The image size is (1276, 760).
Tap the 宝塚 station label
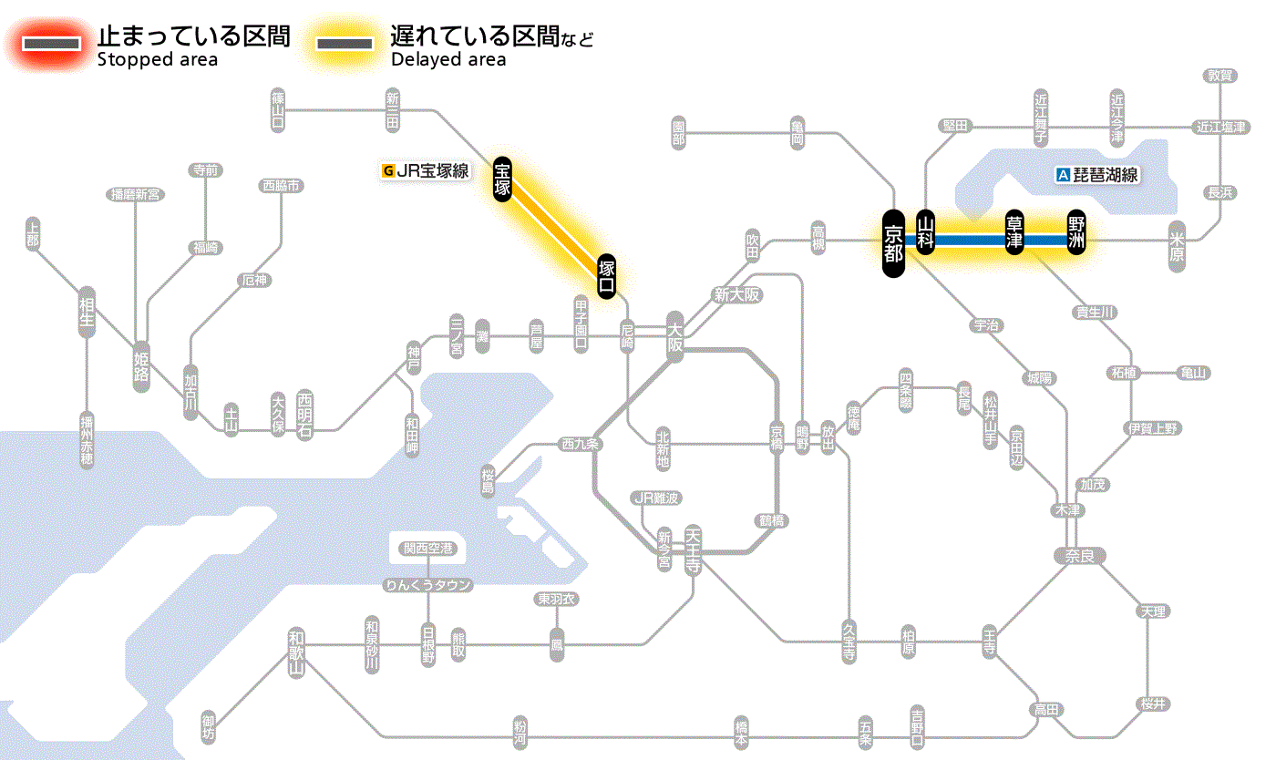tap(502, 179)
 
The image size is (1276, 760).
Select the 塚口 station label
tap(607, 276)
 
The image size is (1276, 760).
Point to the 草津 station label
tap(1015, 232)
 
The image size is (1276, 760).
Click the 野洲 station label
tap(1077, 232)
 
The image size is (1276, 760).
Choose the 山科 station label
tap(926, 232)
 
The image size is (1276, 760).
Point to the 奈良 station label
tap(1079, 555)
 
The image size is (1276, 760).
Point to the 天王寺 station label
tap(694, 550)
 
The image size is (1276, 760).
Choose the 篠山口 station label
tap(278, 109)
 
